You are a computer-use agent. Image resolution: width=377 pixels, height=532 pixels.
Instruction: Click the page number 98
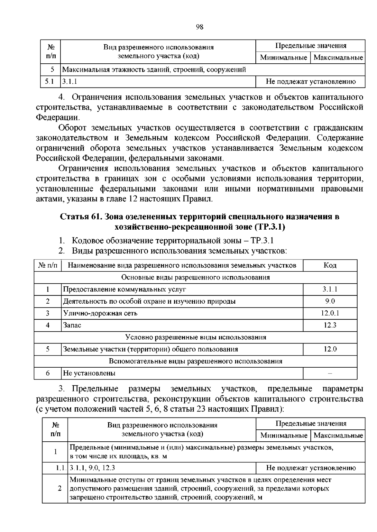tap(199, 27)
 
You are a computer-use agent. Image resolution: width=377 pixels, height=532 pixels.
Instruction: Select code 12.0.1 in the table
tap(330, 313)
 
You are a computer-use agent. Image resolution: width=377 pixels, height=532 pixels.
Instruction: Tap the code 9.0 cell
tap(330, 301)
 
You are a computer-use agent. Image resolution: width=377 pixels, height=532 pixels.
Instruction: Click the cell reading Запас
tap(72, 325)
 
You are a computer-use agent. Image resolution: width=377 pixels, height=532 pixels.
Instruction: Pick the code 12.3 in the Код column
tap(330, 325)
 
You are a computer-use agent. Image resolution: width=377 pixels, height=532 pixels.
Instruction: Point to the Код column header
tap(330, 265)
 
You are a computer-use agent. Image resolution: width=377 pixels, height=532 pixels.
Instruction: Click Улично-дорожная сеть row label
tap(100, 313)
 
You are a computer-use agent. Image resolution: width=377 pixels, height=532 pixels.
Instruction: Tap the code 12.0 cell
tap(330, 349)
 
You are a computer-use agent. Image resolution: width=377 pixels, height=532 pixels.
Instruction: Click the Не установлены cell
tap(89, 373)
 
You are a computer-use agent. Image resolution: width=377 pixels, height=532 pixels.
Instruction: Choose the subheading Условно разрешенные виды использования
tap(195, 337)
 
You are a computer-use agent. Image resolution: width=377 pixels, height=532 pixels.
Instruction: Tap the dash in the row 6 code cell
tap(330, 373)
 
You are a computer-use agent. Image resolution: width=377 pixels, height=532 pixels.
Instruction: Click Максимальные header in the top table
tap(338, 58)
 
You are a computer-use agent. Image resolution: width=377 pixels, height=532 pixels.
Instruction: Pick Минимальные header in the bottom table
tap(283, 435)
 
